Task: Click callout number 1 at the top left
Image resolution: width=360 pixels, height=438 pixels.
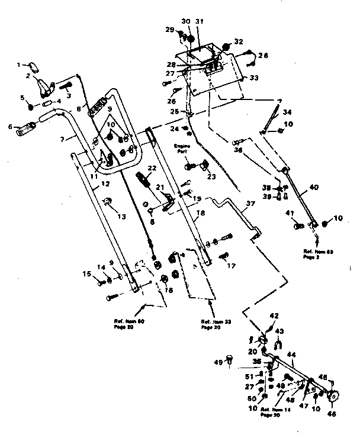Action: point(18,64)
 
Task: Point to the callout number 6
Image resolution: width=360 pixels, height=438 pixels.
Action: point(10,127)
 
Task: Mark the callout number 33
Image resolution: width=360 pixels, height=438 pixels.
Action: point(253,78)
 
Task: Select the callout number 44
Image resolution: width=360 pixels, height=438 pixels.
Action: point(291,355)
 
